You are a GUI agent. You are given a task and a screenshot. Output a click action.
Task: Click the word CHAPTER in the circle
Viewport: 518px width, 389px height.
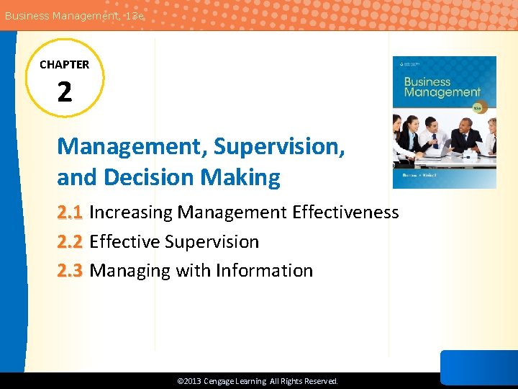coord(65,65)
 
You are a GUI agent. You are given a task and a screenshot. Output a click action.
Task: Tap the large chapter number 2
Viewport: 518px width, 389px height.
coord(65,91)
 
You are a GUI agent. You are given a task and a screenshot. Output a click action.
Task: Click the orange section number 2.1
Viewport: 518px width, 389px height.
coord(71,213)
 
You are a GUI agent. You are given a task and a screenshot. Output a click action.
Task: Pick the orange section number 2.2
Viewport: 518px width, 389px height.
coord(71,242)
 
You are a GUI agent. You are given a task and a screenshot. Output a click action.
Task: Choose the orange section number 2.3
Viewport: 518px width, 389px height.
coord(71,271)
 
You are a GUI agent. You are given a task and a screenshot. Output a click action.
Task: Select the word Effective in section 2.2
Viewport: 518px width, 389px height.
coord(124,242)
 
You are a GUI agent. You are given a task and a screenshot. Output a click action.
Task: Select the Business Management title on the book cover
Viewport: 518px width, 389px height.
coord(442,87)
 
